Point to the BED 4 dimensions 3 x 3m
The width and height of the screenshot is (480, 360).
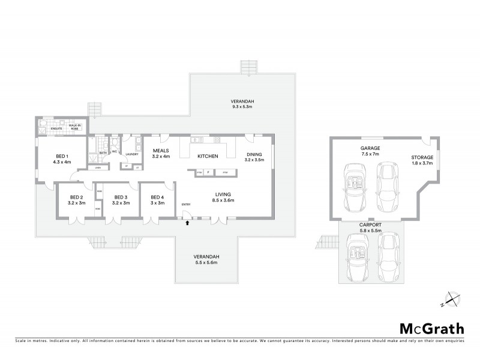[x=157, y=203]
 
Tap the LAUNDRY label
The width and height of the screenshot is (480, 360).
[x=133, y=154]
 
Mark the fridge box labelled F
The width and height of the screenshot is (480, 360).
[x=208, y=173]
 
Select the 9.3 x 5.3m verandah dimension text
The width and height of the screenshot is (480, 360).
[x=244, y=106]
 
